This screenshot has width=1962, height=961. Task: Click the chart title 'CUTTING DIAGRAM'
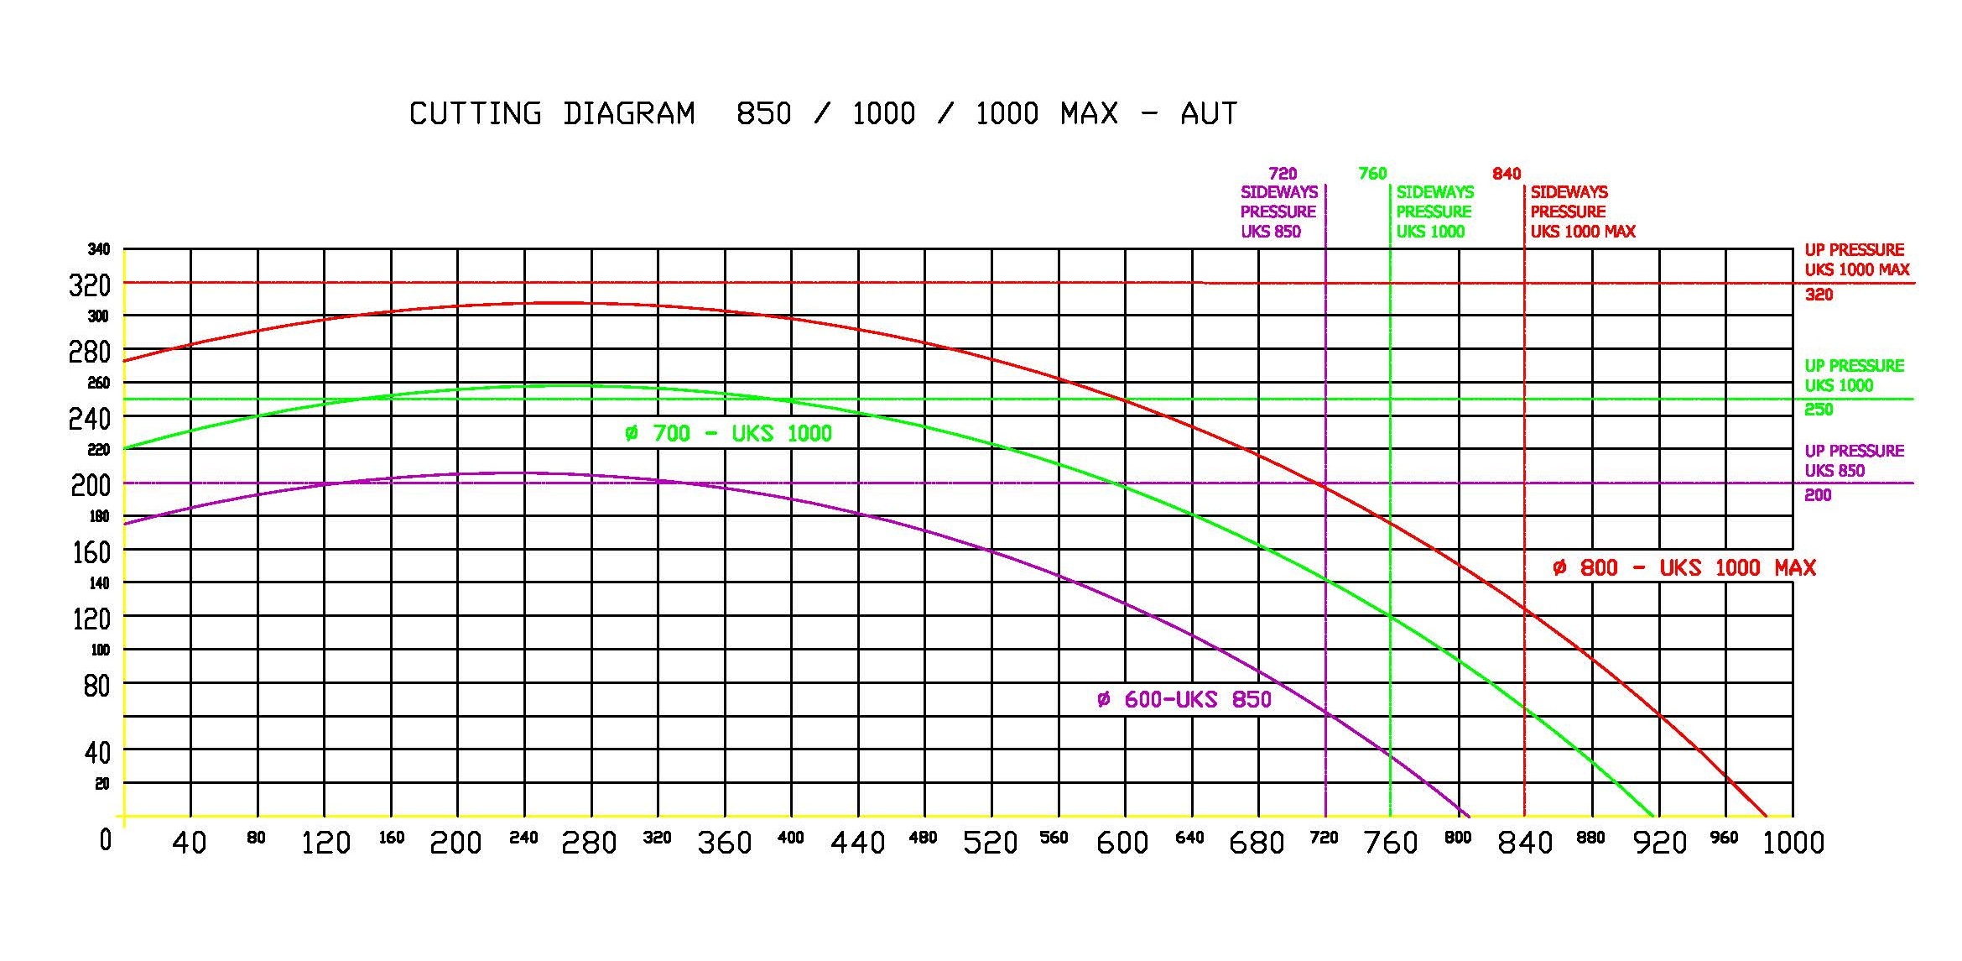point(552,113)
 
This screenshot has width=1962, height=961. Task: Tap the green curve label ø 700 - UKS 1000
point(728,434)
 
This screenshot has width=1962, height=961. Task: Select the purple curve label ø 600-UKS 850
point(1184,700)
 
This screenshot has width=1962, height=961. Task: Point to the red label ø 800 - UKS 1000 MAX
point(1684,568)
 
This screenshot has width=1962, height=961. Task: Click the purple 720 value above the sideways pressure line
point(1283,174)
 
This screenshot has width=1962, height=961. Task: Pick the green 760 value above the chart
point(1372,174)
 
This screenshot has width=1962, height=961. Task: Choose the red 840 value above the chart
point(1507,174)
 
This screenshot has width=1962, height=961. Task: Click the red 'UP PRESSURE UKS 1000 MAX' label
point(1857,260)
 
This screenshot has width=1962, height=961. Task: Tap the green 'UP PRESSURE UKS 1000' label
point(1854,376)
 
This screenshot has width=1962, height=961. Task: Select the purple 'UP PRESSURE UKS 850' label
point(1854,461)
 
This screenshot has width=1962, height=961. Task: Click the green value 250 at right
point(1819,410)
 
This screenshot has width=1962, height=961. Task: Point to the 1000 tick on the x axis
point(1793,842)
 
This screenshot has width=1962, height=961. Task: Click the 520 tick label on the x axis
point(991,842)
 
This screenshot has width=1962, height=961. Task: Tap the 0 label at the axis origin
point(106,839)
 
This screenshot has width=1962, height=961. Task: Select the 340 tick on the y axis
point(99,249)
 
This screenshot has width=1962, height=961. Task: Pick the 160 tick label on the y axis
point(90,552)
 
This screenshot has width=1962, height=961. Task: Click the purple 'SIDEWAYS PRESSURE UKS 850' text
point(1278,212)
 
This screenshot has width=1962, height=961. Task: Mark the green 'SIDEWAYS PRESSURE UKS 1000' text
point(1434,212)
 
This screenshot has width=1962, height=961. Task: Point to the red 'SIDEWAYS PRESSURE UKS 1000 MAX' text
point(1582,212)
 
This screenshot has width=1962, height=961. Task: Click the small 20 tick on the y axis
point(102,784)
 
